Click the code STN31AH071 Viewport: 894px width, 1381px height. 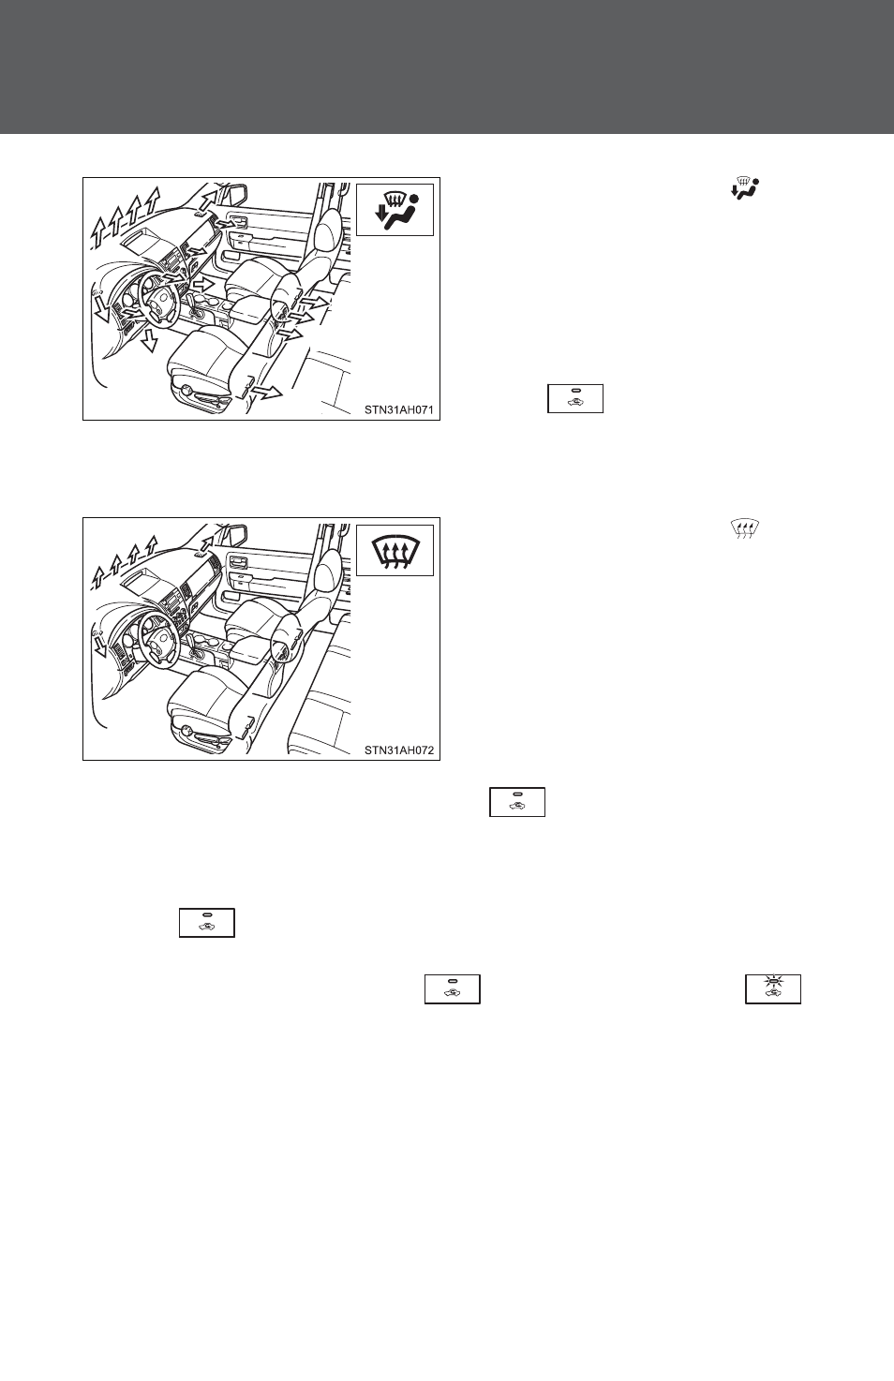coord(399,409)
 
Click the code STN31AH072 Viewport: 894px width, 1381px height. coord(399,750)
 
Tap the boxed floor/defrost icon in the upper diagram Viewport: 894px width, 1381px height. coord(395,210)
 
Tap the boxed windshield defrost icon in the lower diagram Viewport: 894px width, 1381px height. coord(395,550)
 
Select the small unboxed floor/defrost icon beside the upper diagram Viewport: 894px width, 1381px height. coord(745,187)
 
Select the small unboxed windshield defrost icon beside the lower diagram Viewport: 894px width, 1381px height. coord(745,529)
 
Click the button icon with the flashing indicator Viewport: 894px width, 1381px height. coord(773,988)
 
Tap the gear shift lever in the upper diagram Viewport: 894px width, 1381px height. coord(200,304)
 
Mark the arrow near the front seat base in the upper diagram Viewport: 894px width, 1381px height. coord(267,393)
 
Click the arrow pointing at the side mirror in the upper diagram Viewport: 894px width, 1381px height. coord(209,200)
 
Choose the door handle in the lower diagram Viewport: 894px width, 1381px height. coord(237,560)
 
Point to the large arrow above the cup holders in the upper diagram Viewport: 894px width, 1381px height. coord(201,285)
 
